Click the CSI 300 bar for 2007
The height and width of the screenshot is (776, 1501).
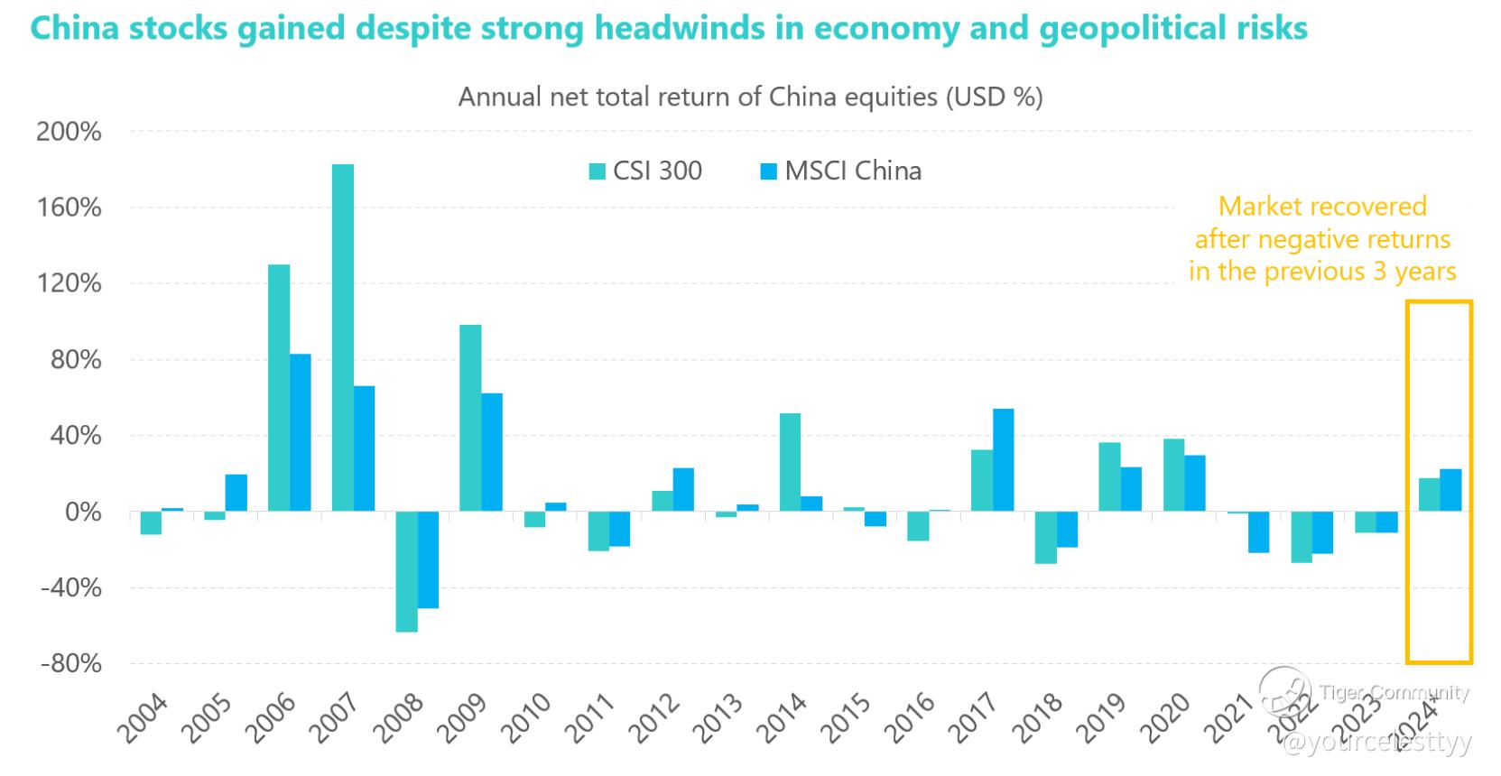tap(343, 337)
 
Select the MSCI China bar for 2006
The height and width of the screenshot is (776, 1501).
tap(301, 432)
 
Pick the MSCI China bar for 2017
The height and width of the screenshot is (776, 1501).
tap(1003, 460)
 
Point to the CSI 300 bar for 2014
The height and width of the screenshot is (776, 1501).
tap(790, 462)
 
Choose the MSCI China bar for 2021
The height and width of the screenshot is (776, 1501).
tap(1259, 532)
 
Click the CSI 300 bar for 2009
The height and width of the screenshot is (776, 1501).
tap(470, 418)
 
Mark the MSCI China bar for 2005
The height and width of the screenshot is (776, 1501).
tap(236, 493)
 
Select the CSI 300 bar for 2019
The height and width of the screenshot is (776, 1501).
tap(1109, 477)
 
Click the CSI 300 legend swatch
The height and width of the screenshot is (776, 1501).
tap(597, 171)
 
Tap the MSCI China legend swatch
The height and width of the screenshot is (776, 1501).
tap(768, 171)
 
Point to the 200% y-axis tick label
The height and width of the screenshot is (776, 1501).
tap(69, 132)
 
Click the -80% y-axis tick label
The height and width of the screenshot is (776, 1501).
tap(69, 664)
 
